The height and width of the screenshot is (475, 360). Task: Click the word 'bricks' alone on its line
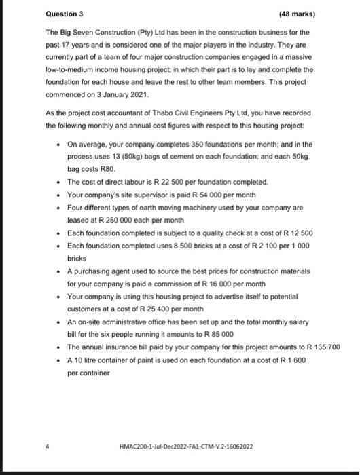click(77, 258)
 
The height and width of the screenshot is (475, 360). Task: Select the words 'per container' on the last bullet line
click(87, 373)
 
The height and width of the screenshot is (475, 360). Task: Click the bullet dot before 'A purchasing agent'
click(59, 271)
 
